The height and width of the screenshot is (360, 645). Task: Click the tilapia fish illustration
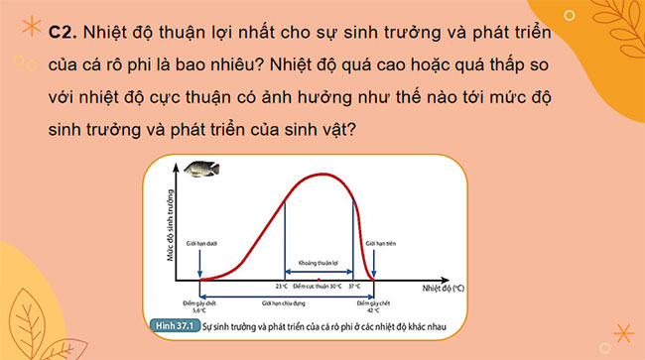click(201, 172)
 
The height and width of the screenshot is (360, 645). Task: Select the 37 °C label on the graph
click(355, 286)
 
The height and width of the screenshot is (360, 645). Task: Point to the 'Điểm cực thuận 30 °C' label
click(319, 286)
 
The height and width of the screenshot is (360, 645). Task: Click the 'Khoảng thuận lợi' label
click(319, 263)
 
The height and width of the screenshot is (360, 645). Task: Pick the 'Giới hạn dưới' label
click(201, 239)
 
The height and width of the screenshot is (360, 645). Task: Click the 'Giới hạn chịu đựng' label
click(281, 304)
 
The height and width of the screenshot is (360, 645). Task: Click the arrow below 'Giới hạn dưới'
click(201, 263)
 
